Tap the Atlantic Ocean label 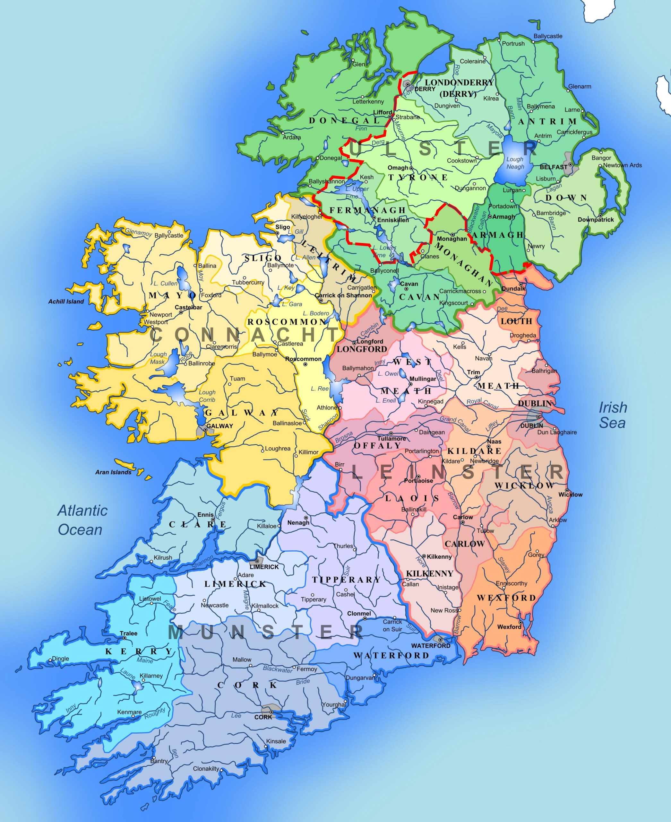[x=82, y=520]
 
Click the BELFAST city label [x=553, y=167]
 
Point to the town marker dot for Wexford [x=520, y=622]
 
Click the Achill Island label [x=66, y=301]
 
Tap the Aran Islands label [x=113, y=472]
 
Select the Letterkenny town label [x=368, y=102]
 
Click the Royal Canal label [x=482, y=404]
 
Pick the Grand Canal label [x=455, y=424]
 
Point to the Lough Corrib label [x=207, y=396]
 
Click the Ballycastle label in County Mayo [x=169, y=235]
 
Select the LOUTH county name [x=516, y=321]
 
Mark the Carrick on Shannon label [x=343, y=295]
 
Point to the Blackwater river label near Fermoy [x=278, y=669]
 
